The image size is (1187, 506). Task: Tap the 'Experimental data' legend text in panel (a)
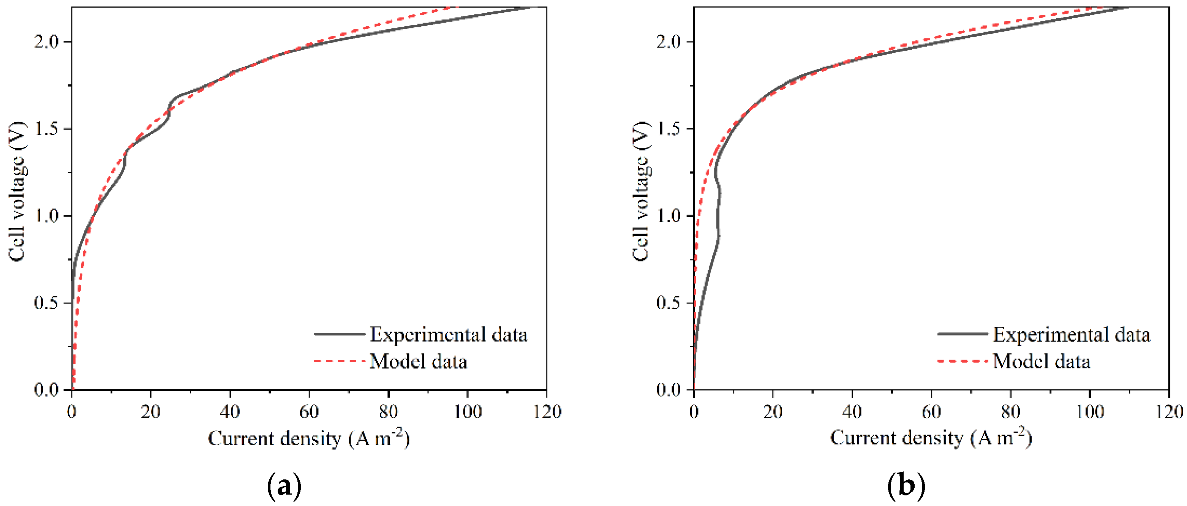pyautogui.click(x=448, y=335)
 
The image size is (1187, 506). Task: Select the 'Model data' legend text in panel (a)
pyautogui.click(x=419, y=361)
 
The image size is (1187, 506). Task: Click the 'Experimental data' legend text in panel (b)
pyautogui.click(x=1072, y=335)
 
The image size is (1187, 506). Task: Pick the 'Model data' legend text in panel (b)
pyautogui.click(x=1042, y=361)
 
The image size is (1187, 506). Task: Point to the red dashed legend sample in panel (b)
pyautogui.click(x=963, y=361)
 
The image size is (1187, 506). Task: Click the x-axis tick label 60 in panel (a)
pyautogui.click(x=309, y=411)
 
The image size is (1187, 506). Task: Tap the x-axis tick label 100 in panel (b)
pyautogui.click(x=1089, y=411)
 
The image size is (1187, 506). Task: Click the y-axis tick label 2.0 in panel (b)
pyautogui.click(x=669, y=42)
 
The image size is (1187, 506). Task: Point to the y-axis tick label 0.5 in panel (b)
pyautogui.click(x=669, y=303)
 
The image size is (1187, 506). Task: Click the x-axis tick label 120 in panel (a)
pyautogui.click(x=547, y=411)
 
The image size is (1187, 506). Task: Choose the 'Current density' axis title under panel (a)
pyautogui.click(x=308, y=438)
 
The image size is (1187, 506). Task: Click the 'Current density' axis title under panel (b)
pyautogui.click(x=931, y=437)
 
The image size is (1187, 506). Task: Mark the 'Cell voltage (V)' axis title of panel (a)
pyautogui.click(x=17, y=191)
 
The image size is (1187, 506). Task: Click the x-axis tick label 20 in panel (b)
pyautogui.click(x=773, y=411)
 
